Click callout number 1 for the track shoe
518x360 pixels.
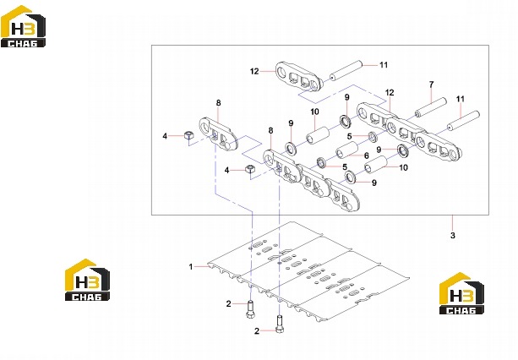(x=191, y=266)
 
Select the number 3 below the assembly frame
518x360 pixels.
(x=453, y=236)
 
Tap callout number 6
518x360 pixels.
(x=367, y=155)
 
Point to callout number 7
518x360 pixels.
(x=431, y=85)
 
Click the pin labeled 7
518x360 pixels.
(x=431, y=107)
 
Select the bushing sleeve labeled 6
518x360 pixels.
(x=347, y=150)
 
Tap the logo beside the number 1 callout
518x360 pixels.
(x=87, y=280)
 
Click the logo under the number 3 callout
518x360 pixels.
(x=461, y=293)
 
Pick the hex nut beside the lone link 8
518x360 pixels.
(x=188, y=134)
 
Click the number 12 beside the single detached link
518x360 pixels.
(x=254, y=71)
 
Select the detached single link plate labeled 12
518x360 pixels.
(x=298, y=77)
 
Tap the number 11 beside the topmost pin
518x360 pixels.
(x=383, y=65)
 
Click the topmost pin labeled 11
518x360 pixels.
(x=346, y=70)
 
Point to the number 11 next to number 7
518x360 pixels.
(x=461, y=99)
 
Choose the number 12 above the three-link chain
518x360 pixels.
(x=390, y=93)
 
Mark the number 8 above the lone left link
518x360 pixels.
(x=218, y=103)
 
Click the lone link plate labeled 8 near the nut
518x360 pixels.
(x=218, y=134)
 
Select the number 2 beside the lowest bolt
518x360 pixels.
(x=257, y=331)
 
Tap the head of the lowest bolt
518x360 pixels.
(x=280, y=330)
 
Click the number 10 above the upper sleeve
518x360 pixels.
(x=314, y=112)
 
